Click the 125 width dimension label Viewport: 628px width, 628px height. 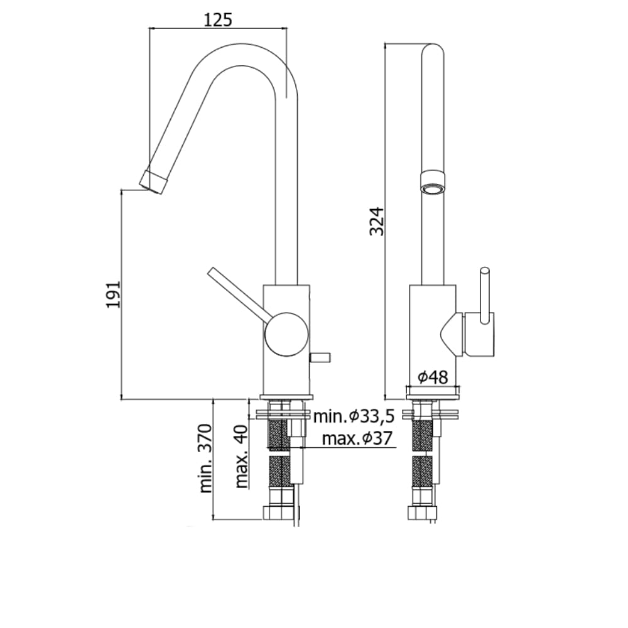(218, 19)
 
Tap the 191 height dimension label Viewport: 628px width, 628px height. (113, 295)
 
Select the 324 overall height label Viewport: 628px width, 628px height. (377, 222)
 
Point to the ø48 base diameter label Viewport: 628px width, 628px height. (433, 377)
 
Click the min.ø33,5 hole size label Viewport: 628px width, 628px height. (354, 416)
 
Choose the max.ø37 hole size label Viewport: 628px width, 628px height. (357, 439)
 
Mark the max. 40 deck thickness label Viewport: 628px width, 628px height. (242, 457)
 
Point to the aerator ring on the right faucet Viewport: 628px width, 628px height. (433, 183)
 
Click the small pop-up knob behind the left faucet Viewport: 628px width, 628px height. (320, 357)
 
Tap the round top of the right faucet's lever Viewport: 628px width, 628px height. (485, 271)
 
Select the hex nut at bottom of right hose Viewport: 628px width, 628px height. (423, 513)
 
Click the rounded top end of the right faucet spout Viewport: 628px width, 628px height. (433, 50)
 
